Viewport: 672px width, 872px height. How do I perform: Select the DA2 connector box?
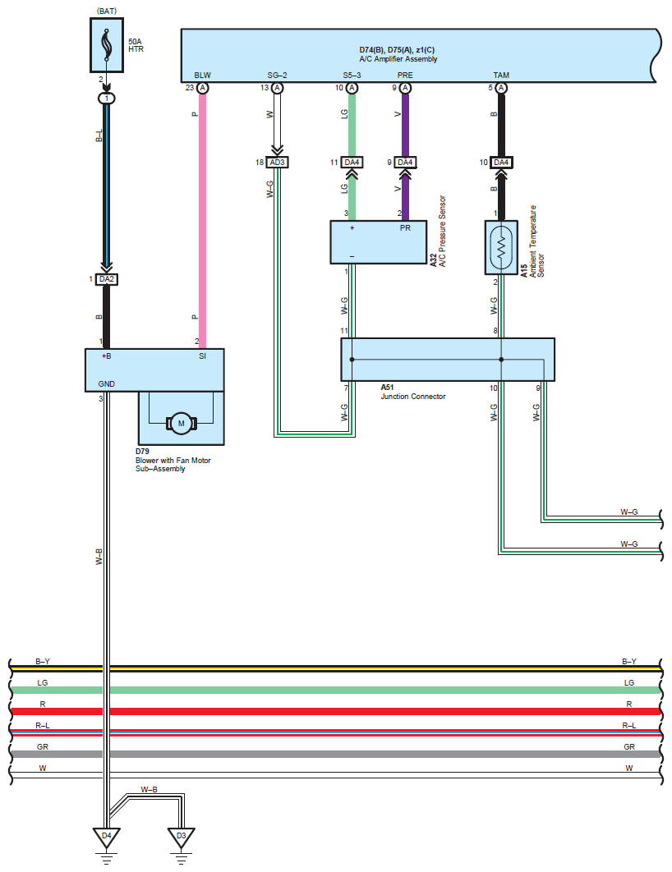click(106, 279)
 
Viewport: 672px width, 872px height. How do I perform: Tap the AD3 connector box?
click(278, 163)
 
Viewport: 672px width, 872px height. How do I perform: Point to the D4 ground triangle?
click(106, 838)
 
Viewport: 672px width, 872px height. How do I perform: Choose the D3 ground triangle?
click(182, 838)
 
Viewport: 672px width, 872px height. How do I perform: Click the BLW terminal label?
click(202, 76)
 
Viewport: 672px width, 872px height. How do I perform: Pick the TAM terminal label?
click(501, 76)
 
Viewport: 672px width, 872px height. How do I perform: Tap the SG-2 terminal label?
click(278, 76)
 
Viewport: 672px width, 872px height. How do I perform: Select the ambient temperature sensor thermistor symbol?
click(501, 247)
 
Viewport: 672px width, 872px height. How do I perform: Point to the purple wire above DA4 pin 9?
click(405, 123)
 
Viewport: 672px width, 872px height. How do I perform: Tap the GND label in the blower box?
click(107, 383)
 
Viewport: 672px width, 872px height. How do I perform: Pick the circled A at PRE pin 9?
click(405, 88)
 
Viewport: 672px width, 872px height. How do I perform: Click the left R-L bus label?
click(43, 725)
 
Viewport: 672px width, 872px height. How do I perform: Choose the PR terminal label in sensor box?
click(405, 228)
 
